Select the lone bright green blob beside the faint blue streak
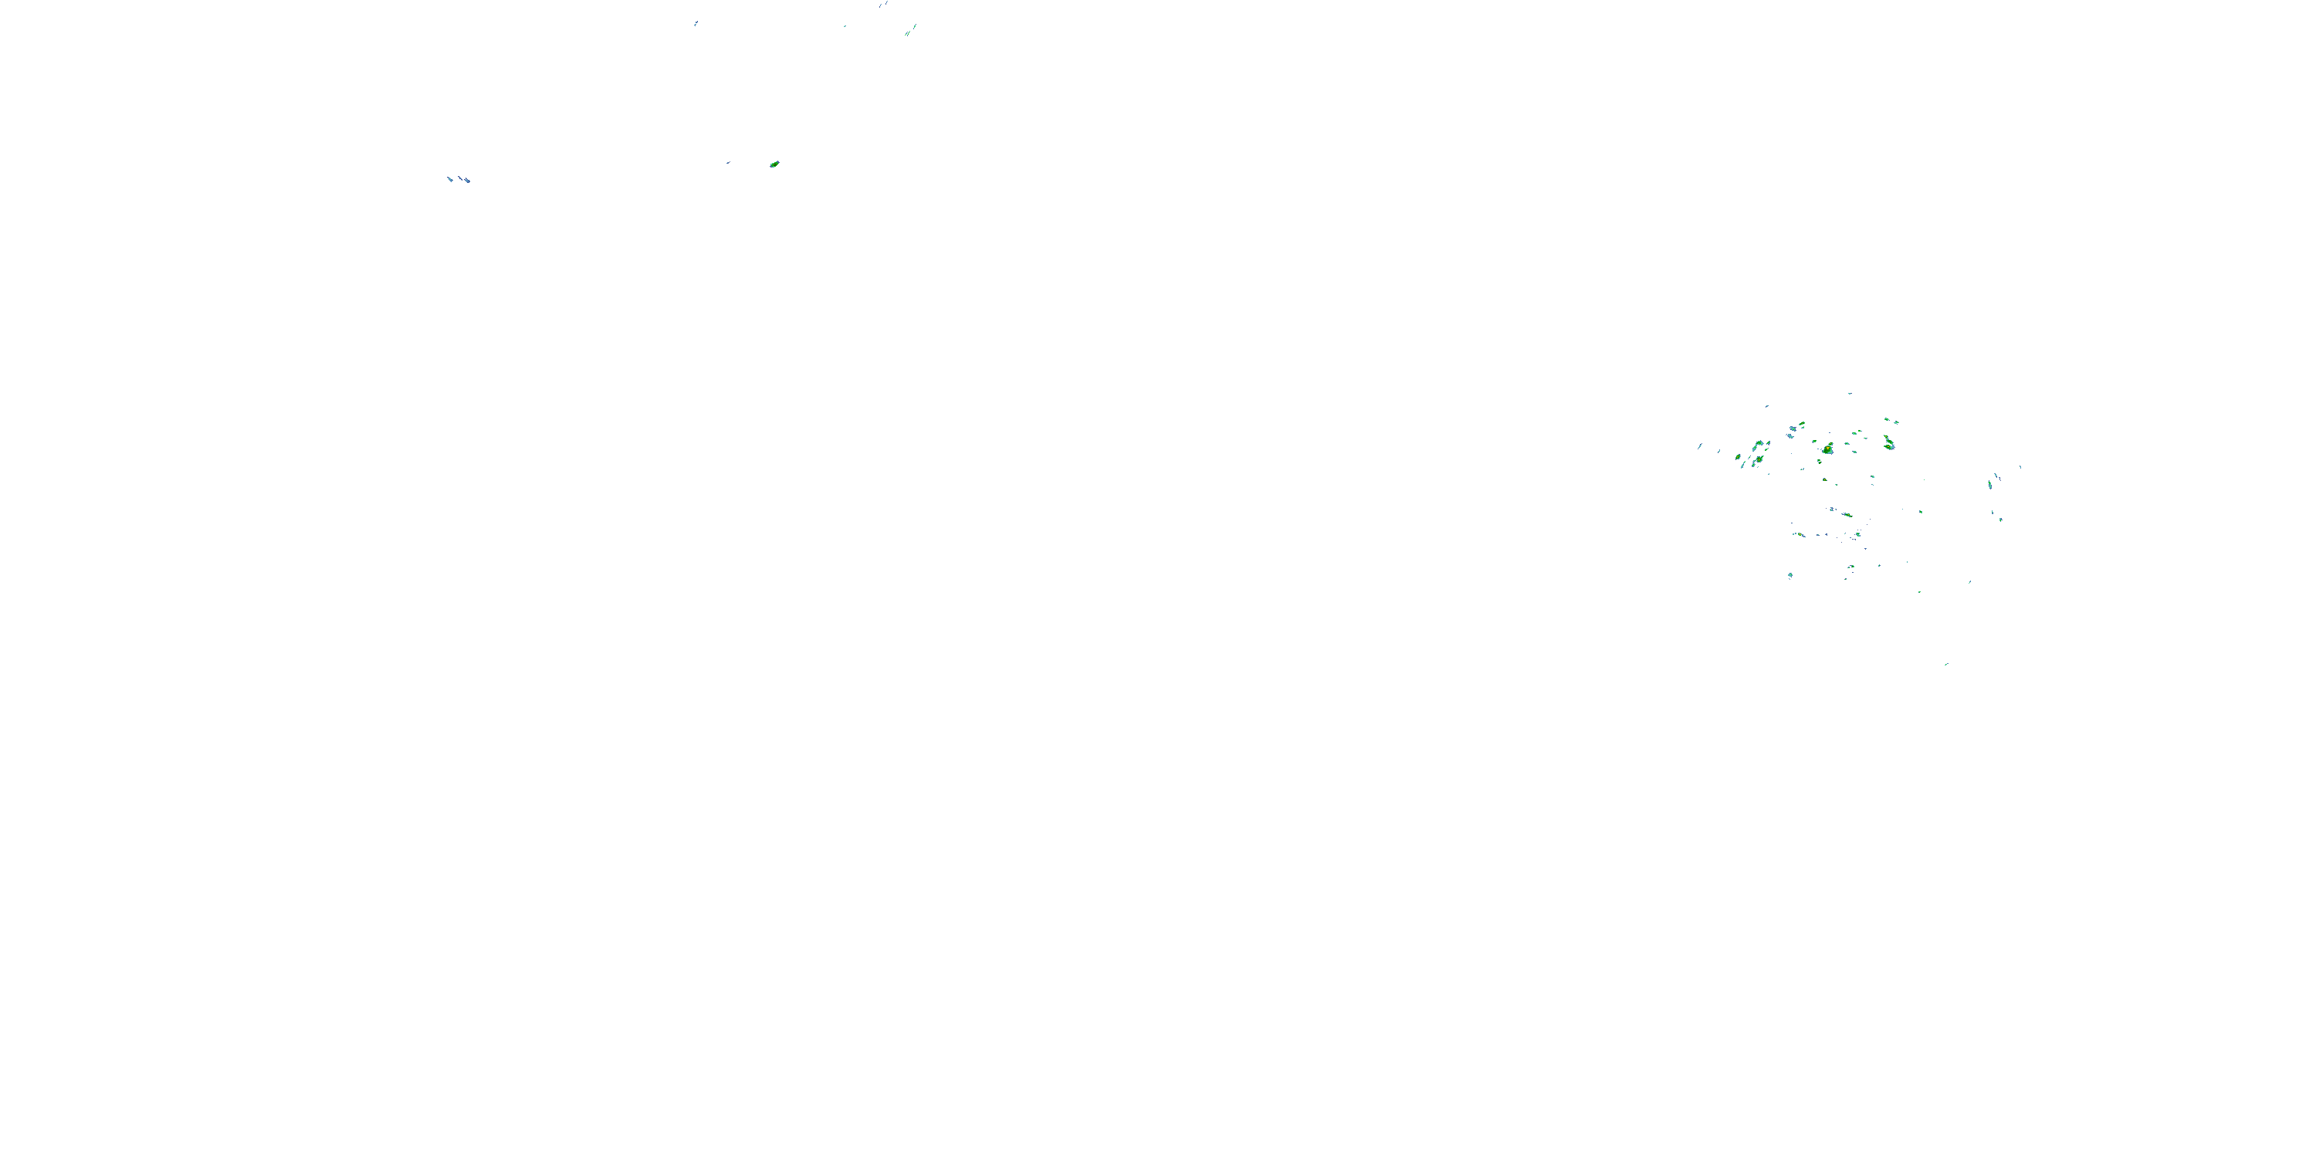point(774,164)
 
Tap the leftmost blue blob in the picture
point(450,179)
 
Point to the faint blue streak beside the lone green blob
point(728,163)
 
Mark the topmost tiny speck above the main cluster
point(1850,393)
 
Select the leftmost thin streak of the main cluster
point(1699,446)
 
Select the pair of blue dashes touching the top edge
point(883,4)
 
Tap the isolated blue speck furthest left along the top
point(695,23)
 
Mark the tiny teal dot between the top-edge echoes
point(845,25)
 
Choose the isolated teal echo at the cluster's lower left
point(1790,574)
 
